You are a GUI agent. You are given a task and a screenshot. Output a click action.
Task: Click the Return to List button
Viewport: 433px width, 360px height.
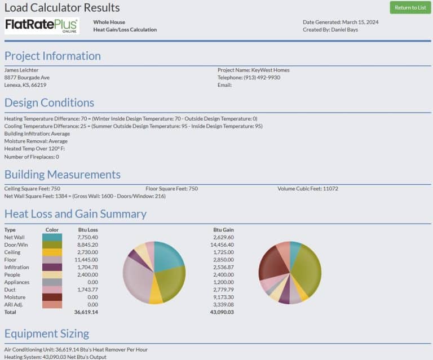point(410,7)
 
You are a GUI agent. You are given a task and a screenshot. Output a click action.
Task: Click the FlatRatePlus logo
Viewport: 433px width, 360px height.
point(42,26)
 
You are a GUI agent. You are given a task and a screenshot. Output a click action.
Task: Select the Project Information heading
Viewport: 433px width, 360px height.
point(52,56)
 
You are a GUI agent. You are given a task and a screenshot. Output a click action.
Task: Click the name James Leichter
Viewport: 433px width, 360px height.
point(21,70)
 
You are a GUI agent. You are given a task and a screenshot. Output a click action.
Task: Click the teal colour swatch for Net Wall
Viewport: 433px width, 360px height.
point(52,238)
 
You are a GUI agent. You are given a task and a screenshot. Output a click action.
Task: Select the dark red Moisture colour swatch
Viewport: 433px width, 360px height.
point(52,297)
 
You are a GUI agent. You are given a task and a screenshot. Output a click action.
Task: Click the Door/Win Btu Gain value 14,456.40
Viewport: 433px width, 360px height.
point(222,245)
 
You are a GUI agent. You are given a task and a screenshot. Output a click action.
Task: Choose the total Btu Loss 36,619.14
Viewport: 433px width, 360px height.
point(86,312)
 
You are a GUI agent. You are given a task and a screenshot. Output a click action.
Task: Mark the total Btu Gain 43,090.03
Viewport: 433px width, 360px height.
point(222,312)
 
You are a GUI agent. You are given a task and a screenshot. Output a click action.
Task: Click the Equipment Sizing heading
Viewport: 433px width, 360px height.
point(47,334)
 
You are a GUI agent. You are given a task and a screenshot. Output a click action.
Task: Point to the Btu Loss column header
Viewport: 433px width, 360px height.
point(88,230)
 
